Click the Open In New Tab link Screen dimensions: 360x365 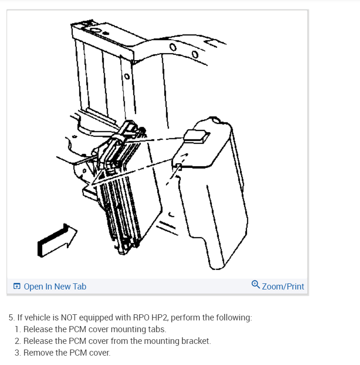[x=55, y=286]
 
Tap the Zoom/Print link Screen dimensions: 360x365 [x=283, y=286]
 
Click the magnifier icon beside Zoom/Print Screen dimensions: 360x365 [x=255, y=284]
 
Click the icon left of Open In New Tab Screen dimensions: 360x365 [x=17, y=286]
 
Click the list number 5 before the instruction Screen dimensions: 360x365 [x=11, y=318]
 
